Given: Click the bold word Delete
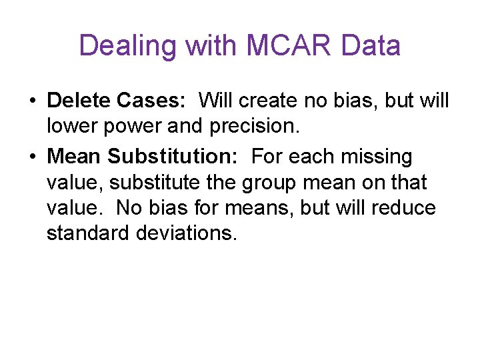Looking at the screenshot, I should point(79,101).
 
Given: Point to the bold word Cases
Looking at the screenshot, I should point(151,101).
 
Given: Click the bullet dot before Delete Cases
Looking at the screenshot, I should point(33,102).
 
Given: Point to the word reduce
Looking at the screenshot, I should point(403,207).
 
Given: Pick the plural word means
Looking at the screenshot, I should point(256,207).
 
